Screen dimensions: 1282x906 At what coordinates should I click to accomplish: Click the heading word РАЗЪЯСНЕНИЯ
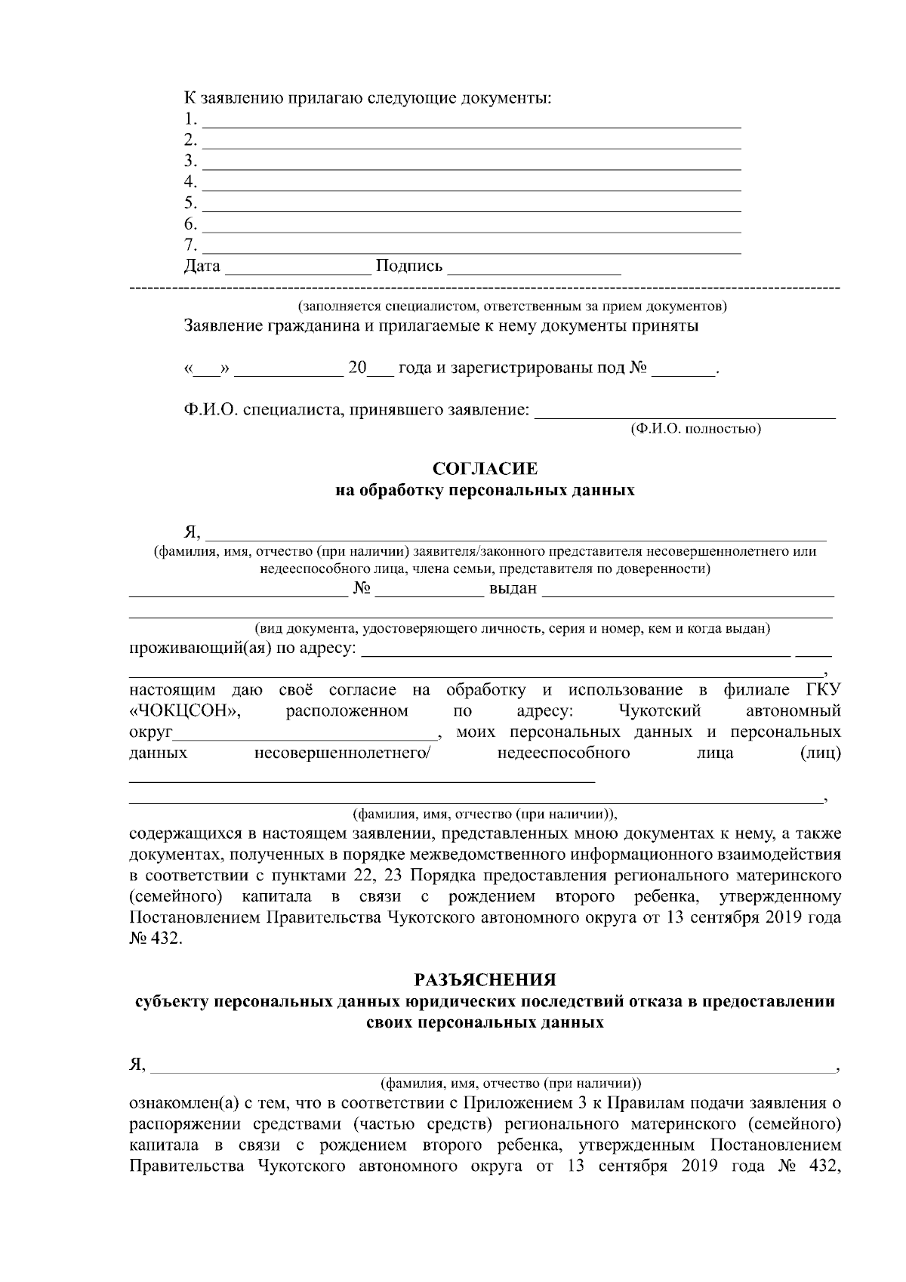coord(485,981)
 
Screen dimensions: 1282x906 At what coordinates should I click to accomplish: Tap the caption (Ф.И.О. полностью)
coord(695,430)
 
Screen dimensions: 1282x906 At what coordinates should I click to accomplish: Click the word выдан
coord(513,589)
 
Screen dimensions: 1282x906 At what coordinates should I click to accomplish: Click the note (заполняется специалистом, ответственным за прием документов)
coord(512,307)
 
